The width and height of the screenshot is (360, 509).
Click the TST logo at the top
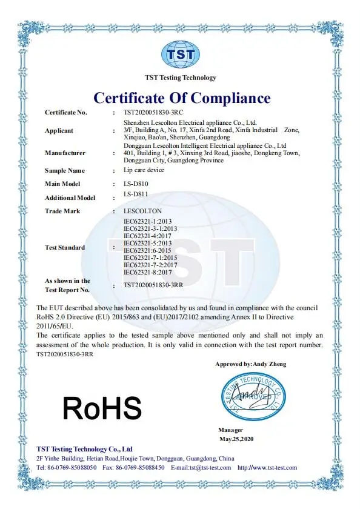(x=181, y=54)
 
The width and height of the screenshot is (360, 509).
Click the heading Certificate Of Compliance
(x=181, y=98)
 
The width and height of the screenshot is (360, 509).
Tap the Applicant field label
(x=59, y=131)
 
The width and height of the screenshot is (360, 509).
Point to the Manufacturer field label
(x=65, y=153)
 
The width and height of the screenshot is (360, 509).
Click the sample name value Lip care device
(x=143, y=170)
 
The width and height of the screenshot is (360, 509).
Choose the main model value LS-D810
(x=135, y=184)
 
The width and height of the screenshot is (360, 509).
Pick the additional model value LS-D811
(x=135, y=195)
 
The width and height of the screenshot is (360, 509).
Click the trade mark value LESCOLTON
(x=142, y=211)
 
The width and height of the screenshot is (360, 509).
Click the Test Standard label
(x=65, y=247)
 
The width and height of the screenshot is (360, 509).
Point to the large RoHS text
(x=102, y=408)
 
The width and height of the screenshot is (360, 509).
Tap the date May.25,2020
(x=237, y=438)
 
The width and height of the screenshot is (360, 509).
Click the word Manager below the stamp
(x=230, y=430)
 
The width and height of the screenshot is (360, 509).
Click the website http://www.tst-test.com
(x=267, y=468)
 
